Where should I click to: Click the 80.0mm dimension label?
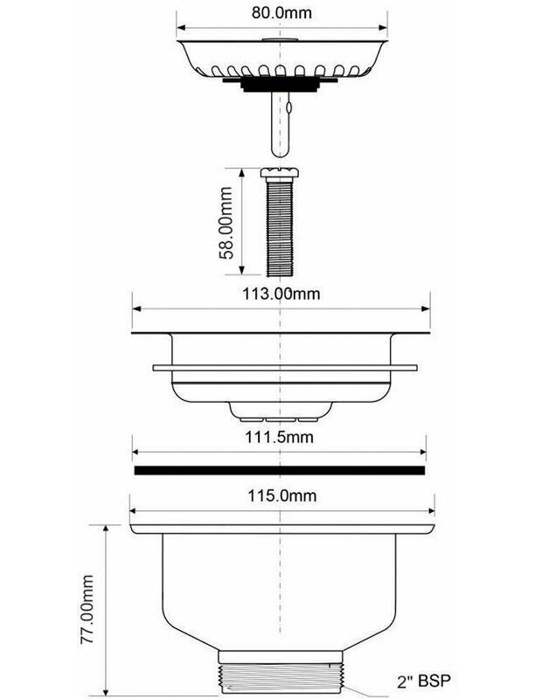point(281,12)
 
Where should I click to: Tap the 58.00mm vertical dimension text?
point(226,223)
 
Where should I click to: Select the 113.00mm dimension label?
point(281,294)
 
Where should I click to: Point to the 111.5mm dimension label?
point(279,437)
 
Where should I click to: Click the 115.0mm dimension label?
point(282,495)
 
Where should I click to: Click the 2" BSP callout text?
point(424,681)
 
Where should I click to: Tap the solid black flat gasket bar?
point(280,470)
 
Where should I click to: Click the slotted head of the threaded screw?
point(279,172)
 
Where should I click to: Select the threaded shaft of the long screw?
point(279,226)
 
